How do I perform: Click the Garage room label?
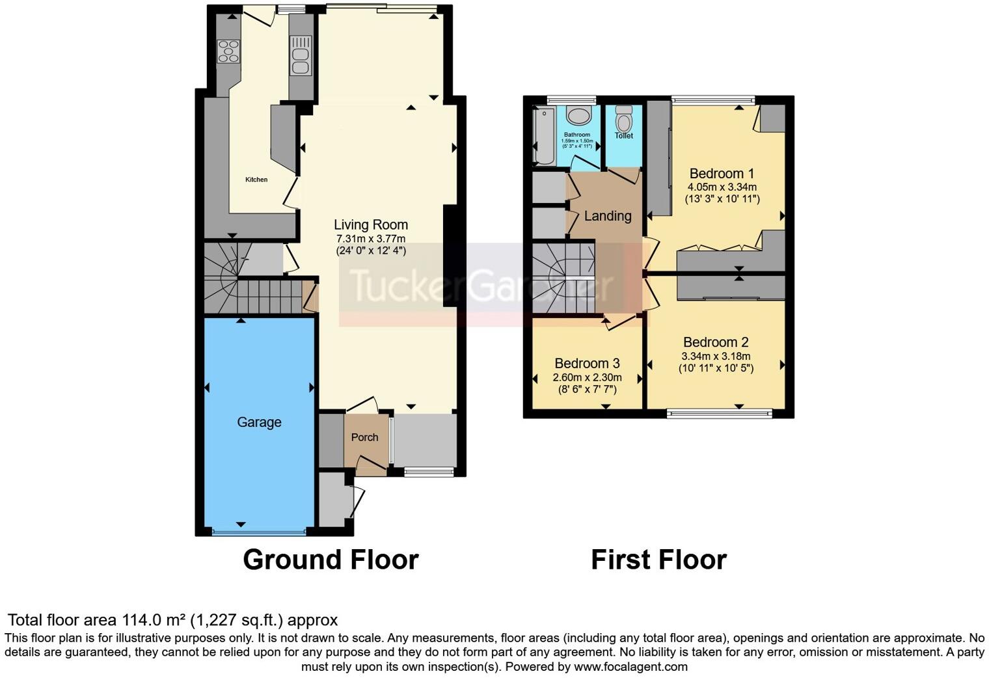point(259,422)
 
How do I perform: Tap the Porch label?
point(364,437)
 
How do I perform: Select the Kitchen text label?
point(256,180)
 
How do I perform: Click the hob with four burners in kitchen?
point(228,51)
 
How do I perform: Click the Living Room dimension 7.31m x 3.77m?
point(371,239)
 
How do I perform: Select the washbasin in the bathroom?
point(577,116)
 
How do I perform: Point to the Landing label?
point(608,216)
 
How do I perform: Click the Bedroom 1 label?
point(722,174)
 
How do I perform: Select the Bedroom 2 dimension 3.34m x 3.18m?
point(716,356)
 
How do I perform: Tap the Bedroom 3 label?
point(587,364)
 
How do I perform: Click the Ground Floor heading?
point(331,560)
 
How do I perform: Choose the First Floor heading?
point(658,560)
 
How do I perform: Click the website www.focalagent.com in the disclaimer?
point(630,666)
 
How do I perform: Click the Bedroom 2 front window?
point(719,413)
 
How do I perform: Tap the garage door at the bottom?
point(258,533)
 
